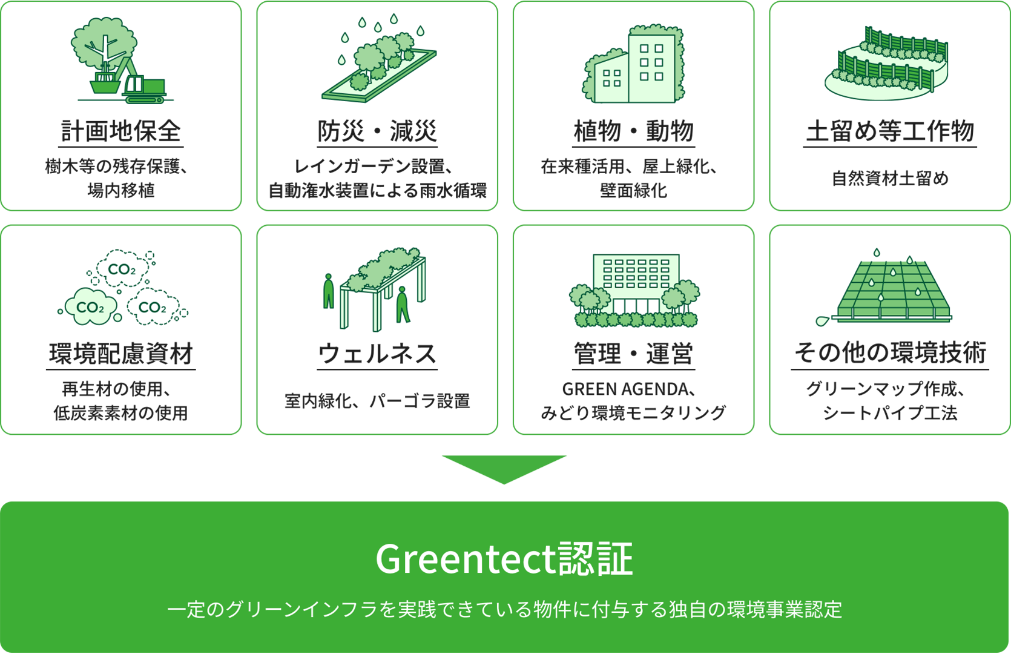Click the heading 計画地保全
click(x=121, y=131)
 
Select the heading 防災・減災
click(x=377, y=131)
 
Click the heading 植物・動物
click(x=634, y=131)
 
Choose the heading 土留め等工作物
click(x=890, y=131)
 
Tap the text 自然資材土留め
click(x=890, y=179)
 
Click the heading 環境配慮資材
click(x=121, y=354)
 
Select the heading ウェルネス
click(x=377, y=354)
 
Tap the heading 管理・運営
click(x=634, y=354)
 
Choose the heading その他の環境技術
click(x=890, y=354)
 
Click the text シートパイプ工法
click(x=890, y=413)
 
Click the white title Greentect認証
click(x=504, y=559)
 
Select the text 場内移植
click(x=121, y=191)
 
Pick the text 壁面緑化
click(x=634, y=191)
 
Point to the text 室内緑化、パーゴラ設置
click(x=377, y=401)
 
